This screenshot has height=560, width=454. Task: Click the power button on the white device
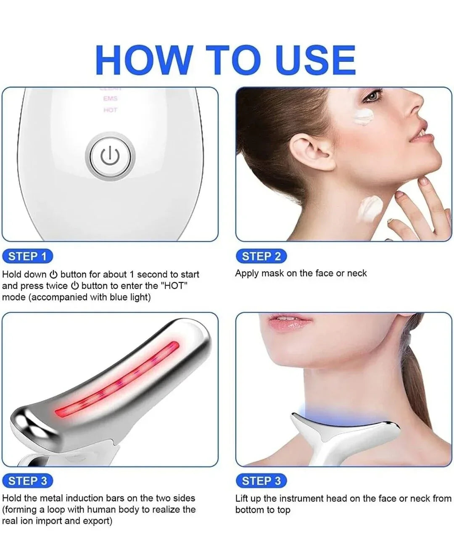click(x=110, y=156)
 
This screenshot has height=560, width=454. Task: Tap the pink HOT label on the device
click(x=110, y=110)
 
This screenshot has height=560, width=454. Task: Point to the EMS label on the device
click(x=110, y=98)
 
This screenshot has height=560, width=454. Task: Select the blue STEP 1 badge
click(x=28, y=256)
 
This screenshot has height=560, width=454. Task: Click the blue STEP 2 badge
click(x=261, y=256)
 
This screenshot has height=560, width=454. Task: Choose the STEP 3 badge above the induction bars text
click(x=28, y=481)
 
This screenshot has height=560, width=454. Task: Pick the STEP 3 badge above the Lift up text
click(x=261, y=481)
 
